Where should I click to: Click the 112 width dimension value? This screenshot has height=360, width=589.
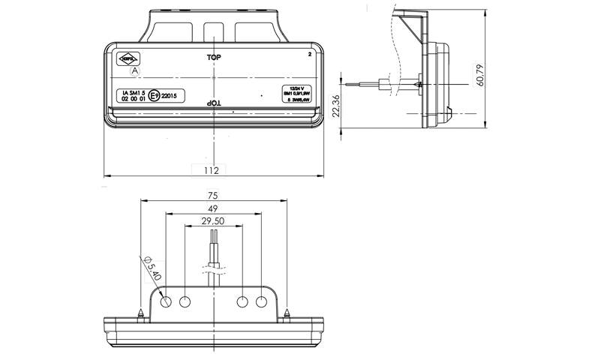(x=212, y=170)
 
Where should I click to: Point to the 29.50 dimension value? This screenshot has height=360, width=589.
(x=214, y=221)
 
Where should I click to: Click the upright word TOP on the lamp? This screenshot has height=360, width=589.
(x=214, y=57)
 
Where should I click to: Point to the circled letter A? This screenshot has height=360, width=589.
(x=135, y=70)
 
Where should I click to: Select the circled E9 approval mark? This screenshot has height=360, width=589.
(x=154, y=96)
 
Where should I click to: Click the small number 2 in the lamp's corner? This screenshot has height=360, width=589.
(x=310, y=55)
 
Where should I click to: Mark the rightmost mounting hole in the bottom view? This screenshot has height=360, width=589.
(x=261, y=301)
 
